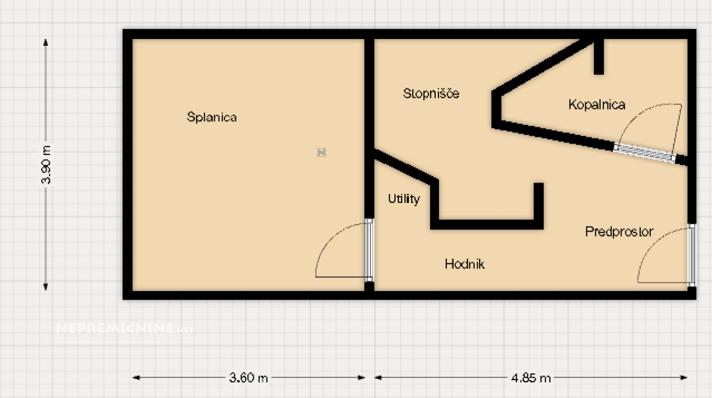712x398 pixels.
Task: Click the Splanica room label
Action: [212, 117]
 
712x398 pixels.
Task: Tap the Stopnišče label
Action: [431, 93]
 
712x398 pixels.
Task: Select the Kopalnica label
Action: [597, 105]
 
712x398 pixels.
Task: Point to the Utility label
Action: [404, 199]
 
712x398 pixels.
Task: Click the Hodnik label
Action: [464, 264]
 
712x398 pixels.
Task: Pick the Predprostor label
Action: [619, 232]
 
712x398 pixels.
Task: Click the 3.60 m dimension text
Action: [249, 378]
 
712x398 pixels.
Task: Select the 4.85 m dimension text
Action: [531, 379]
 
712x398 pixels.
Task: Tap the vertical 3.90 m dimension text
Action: [46, 165]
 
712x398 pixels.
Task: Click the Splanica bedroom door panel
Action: [369, 250]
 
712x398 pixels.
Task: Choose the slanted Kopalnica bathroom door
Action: [645, 153]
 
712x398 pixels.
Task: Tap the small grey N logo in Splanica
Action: [322, 153]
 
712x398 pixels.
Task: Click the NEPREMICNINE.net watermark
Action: [125, 328]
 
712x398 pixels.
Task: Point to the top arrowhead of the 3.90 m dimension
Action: [46, 42]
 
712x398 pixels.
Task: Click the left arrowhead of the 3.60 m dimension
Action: [136, 377]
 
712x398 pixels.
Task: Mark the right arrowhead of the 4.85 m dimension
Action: [684, 377]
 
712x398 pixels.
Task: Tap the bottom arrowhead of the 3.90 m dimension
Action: [46, 287]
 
